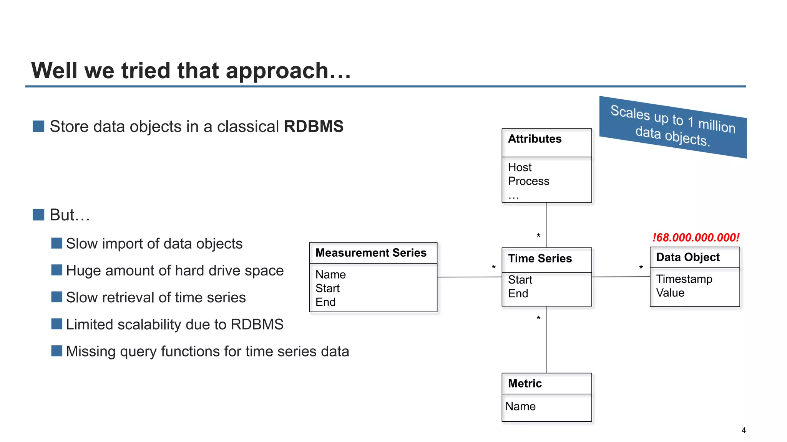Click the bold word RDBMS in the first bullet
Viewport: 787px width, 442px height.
pos(314,127)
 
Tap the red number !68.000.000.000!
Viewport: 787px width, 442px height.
pos(696,237)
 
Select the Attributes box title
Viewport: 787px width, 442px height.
pos(535,139)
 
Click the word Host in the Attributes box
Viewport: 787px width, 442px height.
pos(520,167)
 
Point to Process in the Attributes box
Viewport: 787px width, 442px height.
pos(528,181)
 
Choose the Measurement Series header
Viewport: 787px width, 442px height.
pos(371,253)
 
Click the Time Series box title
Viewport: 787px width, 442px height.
pos(540,259)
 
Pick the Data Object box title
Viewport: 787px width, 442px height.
pos(687,257)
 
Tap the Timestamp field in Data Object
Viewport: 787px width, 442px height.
pos(684,279)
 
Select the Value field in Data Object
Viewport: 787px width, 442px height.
pos(670,293)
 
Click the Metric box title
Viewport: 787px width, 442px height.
pos(525,383)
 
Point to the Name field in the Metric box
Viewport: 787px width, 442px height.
pos(520,406)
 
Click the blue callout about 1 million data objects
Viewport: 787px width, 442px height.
pos(672,127)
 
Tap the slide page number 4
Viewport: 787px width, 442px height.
pos(744,430)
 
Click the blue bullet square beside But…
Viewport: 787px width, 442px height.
pos(38,215)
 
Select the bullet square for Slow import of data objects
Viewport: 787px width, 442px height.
pos(57,243)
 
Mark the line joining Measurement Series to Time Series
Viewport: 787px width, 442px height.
pos(469,277)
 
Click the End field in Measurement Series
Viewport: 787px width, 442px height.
pos(325,302)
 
